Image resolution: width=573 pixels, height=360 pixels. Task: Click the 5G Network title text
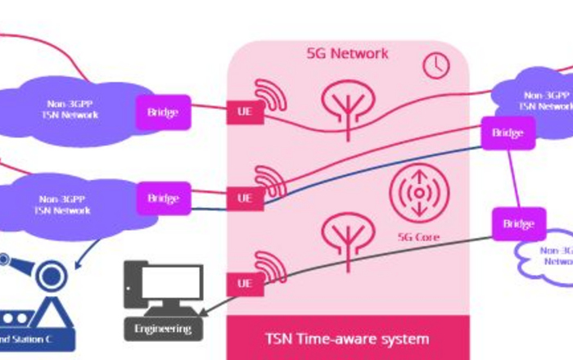point(347,54)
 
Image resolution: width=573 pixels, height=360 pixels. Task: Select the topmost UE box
point(245,111)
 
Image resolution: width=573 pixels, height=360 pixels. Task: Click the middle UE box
point(245,197)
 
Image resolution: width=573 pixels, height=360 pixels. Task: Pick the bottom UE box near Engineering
point(245,283)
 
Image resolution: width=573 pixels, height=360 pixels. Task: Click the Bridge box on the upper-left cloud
point(163,111)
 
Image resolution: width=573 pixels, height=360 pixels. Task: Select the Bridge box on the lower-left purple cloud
point(163,198)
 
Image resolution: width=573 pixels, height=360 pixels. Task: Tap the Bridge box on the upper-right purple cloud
point(508,133)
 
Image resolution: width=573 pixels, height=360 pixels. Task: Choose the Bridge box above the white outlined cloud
point(518,223)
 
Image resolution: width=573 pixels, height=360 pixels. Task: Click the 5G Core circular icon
point(418,191)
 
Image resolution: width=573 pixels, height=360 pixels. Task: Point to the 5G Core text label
point(418,237)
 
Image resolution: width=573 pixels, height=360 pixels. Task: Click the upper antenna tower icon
point(349,102)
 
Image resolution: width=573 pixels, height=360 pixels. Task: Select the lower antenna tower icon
point(349,232)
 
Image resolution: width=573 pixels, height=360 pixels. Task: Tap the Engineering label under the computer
point(163,329)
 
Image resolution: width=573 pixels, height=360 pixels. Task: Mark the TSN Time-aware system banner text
point(347,338)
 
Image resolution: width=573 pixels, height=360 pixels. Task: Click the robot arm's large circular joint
point(52,273)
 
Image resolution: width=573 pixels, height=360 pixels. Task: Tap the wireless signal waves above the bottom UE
point(268,264)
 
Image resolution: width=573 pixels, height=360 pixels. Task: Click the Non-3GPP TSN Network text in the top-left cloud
point(70,110)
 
